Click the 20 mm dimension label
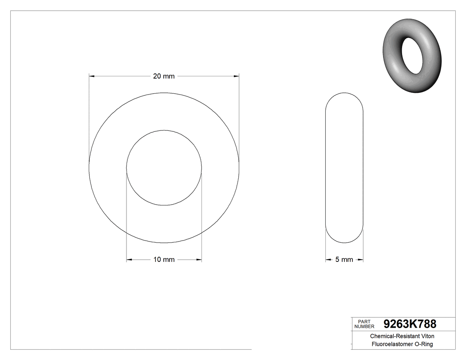164,76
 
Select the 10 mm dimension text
164,260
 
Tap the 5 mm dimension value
344,260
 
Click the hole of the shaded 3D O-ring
411,55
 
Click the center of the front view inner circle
164,168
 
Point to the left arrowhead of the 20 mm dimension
92,76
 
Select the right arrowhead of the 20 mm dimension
236,76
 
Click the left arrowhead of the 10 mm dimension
129,260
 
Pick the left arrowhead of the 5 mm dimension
328,260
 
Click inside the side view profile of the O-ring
344,168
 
